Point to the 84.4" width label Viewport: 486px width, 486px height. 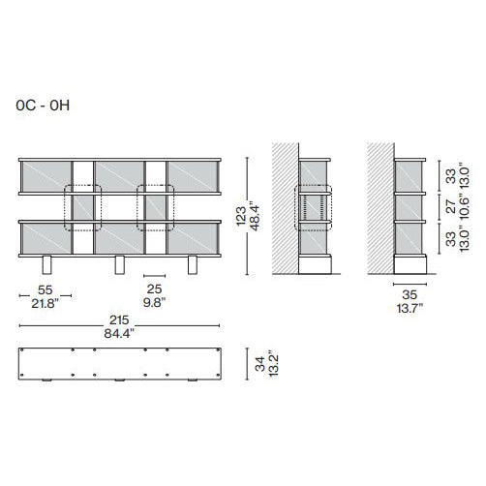[121, 334]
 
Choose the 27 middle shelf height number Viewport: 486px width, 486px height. [449, 206]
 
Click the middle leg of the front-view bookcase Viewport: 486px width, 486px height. [120, 265]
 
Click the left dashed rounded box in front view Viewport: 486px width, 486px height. [80, 206]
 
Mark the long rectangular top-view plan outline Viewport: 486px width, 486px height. [120, 365]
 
